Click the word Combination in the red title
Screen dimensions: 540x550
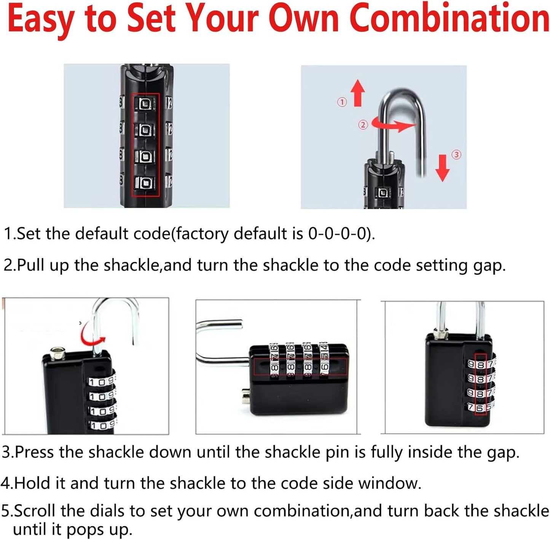pyautogui.click(x=449, y=18)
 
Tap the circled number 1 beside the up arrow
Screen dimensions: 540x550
pyautogui.click(x=342, y=102)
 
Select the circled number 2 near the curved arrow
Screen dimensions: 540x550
pyautogui.click(x=363, y=125)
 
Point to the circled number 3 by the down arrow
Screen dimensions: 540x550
pyautogui.click(x=456, y=155)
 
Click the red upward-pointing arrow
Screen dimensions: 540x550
pyautogui.click(x=357, y=92)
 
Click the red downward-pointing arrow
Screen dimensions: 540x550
pyautogui.click(x=442, y=167)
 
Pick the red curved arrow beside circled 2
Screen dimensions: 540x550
pyautogui.click(x=392, y=124)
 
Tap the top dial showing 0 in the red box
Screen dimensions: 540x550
pyautogui.click(x=145, y=104)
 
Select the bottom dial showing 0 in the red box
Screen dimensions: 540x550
pyautogui.click(x=145, y=183)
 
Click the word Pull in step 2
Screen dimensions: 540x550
pyautogui.click(x=30, y=265)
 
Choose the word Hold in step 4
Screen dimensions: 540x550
pyautogui.click(x=32, y=483)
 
